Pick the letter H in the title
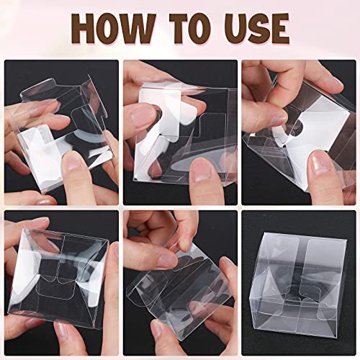(87, 29)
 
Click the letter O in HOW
(115, 29)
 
